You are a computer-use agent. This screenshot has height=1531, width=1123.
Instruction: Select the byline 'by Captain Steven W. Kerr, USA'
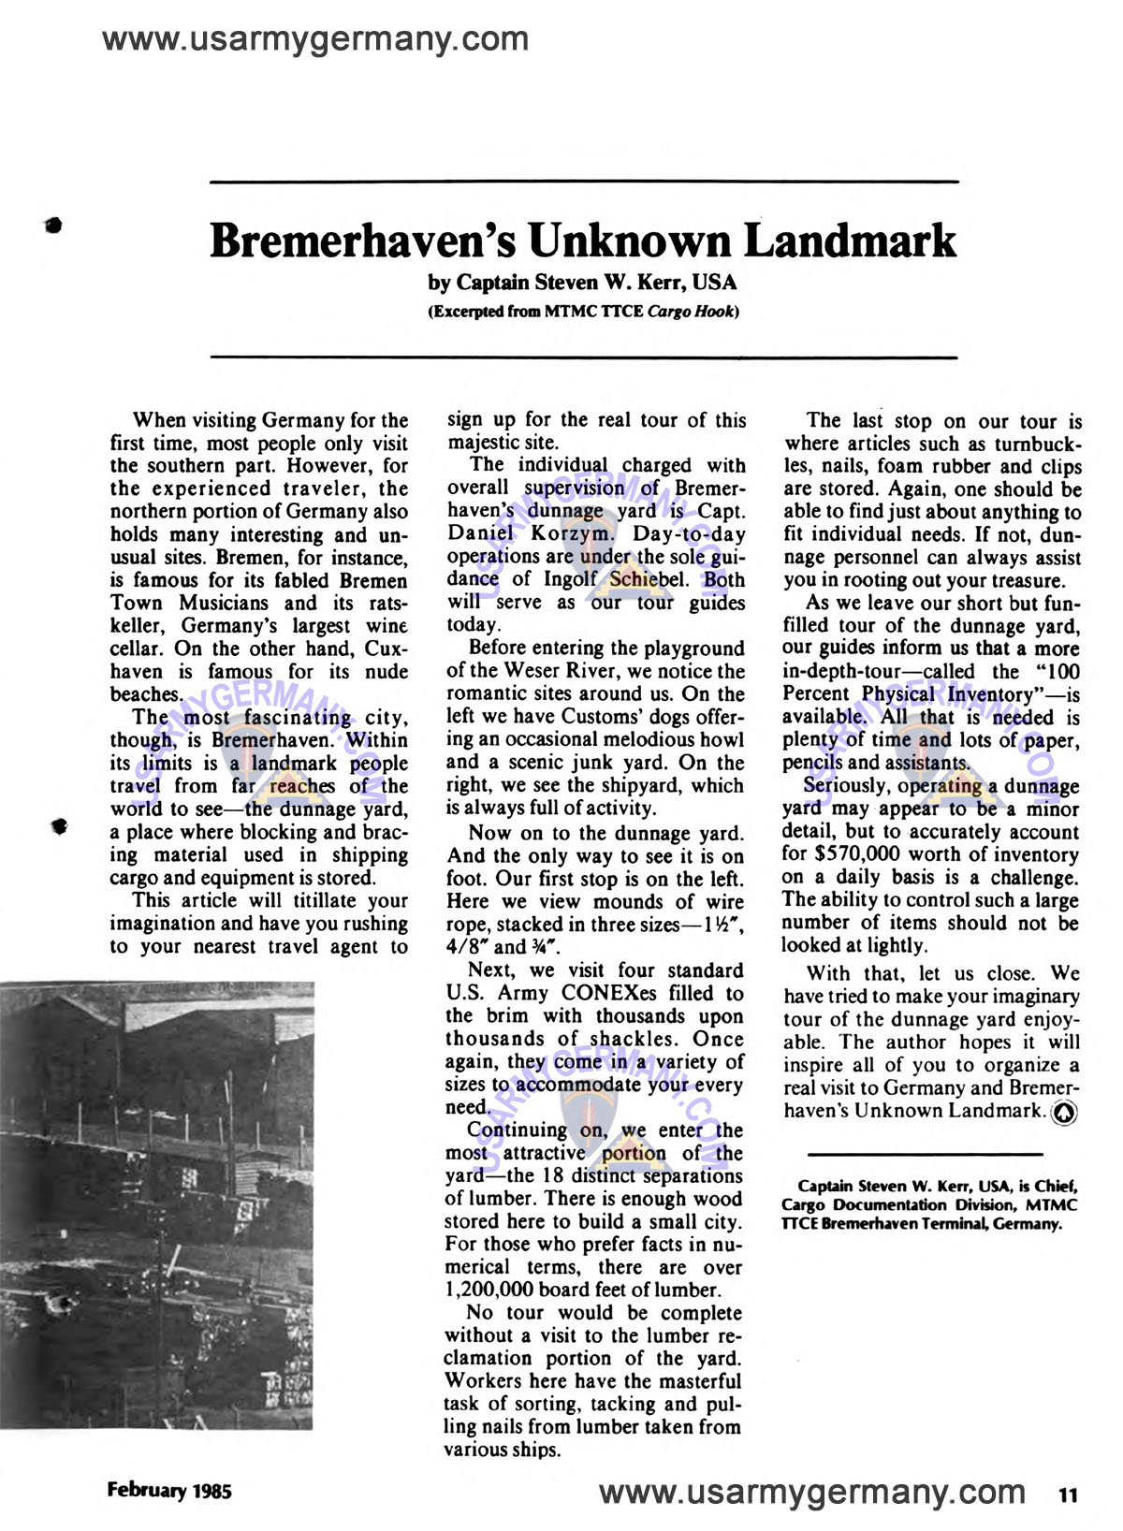tap(582, 283)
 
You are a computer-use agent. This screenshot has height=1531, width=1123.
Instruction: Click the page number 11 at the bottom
tap(1067, 1495)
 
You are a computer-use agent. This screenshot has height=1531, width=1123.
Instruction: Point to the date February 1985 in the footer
tap(169, 1490)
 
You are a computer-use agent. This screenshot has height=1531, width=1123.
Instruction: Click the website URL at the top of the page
tap(315, 39)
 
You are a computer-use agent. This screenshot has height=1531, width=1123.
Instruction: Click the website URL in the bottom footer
tap(811, 1491)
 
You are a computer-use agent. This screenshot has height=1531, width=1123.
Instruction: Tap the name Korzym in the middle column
tap(574, 534)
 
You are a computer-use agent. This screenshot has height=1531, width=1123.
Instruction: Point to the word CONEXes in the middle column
tap(608, 993)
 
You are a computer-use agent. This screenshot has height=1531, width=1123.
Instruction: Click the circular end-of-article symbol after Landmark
tap(1065, 1112)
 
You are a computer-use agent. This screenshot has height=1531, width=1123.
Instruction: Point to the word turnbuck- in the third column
tap(1038, 444)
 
